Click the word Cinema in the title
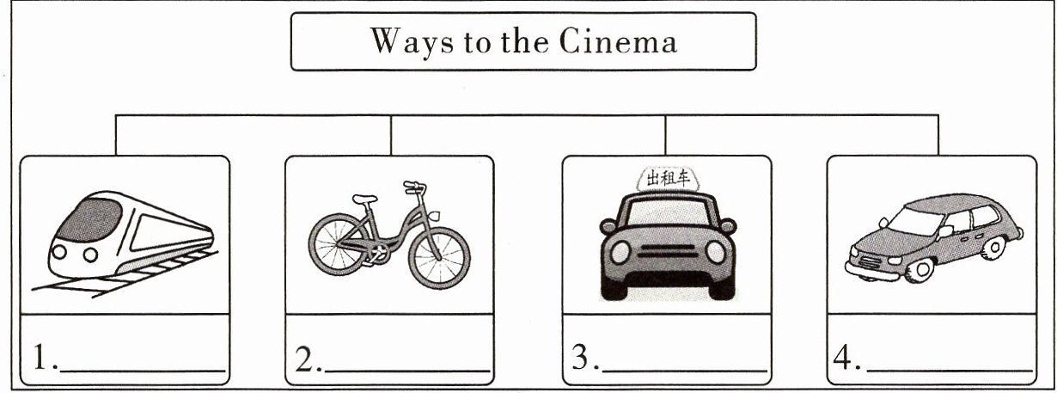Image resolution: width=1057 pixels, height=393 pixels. point(619,41)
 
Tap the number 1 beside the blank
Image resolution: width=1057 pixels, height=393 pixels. point(40,358)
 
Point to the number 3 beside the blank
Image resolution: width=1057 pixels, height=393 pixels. point(580,357)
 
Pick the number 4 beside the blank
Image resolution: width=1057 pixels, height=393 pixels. point(843,357)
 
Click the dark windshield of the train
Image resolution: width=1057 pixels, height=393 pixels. point(89,219)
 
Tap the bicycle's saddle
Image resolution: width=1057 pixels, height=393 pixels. point(364,199)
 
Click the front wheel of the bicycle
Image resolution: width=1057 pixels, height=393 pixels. point(439,257)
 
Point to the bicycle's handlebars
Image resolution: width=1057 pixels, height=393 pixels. point(415,187)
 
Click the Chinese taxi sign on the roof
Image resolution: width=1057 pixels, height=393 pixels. point(668,179)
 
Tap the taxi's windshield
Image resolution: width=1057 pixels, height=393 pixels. point(668,212)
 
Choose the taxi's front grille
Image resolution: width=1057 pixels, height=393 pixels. point(667,251)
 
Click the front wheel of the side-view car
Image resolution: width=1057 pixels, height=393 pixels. point(920,270)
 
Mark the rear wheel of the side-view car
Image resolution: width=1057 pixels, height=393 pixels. point(993,248)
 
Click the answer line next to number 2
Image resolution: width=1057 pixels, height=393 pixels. point(407,372)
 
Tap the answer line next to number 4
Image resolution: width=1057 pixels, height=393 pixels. point(950,371)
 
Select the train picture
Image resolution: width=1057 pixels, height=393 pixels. point(125,244)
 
